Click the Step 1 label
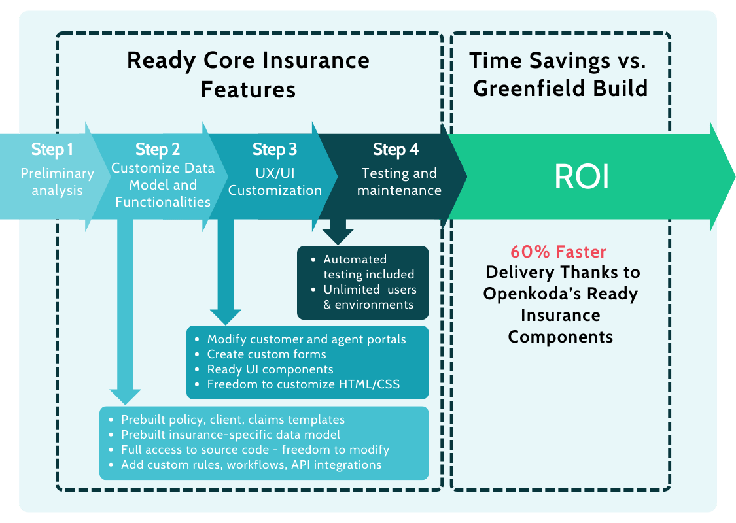tap(52, 150)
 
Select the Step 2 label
tap(158, 150)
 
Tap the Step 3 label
tap(275, 150)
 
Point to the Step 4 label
tap(396, 150)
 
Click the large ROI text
tap(582, 177)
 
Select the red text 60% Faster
tap(558, 252)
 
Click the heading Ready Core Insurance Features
tap(248, 74)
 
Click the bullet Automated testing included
tap(368, 267)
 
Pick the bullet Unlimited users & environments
tap(370, 297)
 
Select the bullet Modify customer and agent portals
tap(306, 339)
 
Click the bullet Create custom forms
tap(266, 354)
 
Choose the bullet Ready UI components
tap(270, 369)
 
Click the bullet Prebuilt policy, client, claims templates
tap(232, 420)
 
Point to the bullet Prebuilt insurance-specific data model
tap(230, 435)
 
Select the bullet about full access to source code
tap(255, 450)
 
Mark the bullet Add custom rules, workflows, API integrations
tap(251, 465)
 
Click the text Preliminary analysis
tap(58, 182)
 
